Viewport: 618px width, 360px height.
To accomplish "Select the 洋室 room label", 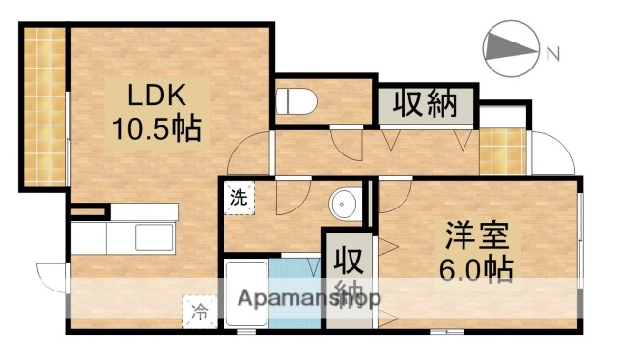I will click(473, 235).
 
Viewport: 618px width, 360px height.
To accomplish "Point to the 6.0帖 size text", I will click(473, 266).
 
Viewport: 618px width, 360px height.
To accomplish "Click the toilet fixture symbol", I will click(294, 99).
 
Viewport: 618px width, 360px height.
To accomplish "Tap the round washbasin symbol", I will click(343, 205).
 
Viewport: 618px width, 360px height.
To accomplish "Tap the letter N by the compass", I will click(554, 54).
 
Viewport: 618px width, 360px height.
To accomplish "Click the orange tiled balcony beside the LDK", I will click(43, 106).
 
